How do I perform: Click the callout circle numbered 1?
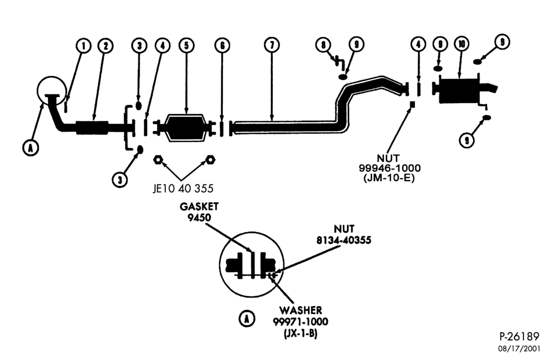click(x=83, y=46)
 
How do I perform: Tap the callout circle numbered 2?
click(x=105, y=46)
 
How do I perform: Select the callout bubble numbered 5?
click(x=187, y=46)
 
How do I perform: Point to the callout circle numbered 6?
click(x=222, y=46)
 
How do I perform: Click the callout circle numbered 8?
click(x=323, y=44)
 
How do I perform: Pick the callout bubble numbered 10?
click(x=461, y=43)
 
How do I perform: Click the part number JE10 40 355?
click(x=183, y=189)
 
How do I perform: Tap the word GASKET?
click(x=199, y=207)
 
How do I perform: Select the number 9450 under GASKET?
click(x=199, y=218)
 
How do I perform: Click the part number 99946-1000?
click(x=390, y=168)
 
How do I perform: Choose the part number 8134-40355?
click(x=344, y=240)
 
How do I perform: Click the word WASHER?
click(x=300, y=310)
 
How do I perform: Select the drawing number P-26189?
click(x=520, y=336)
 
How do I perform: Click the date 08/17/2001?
click(x=519, y=348)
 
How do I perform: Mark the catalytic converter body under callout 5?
click(x=186, y=127)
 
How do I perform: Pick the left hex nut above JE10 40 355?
click(x=158, y=160)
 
